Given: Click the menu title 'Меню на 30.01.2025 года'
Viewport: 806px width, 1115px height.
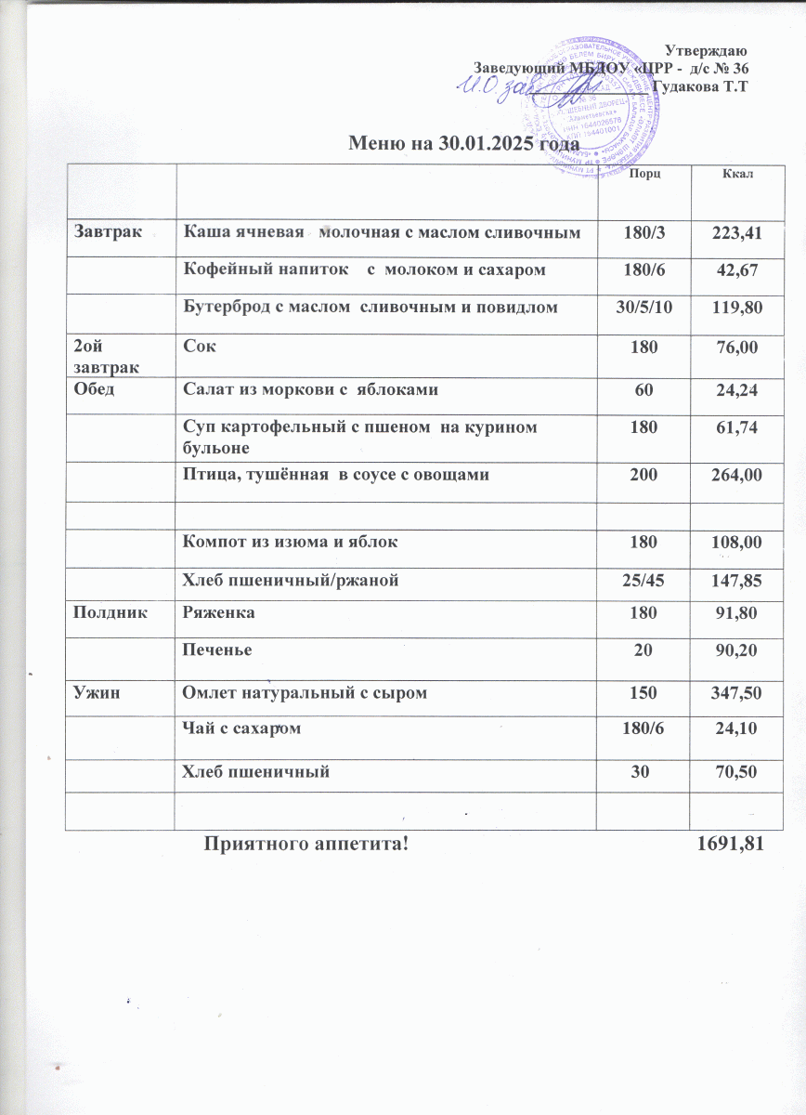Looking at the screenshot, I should [461, 144].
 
